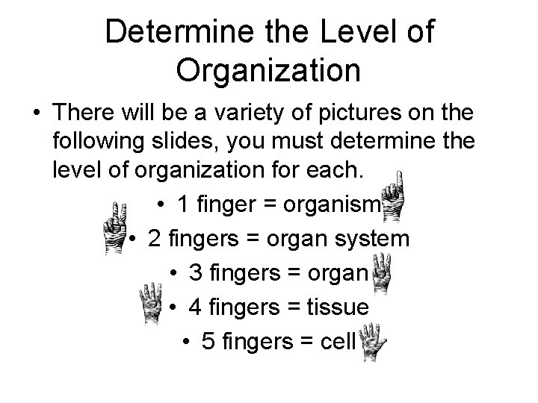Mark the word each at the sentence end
340,172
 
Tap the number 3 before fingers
196,274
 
